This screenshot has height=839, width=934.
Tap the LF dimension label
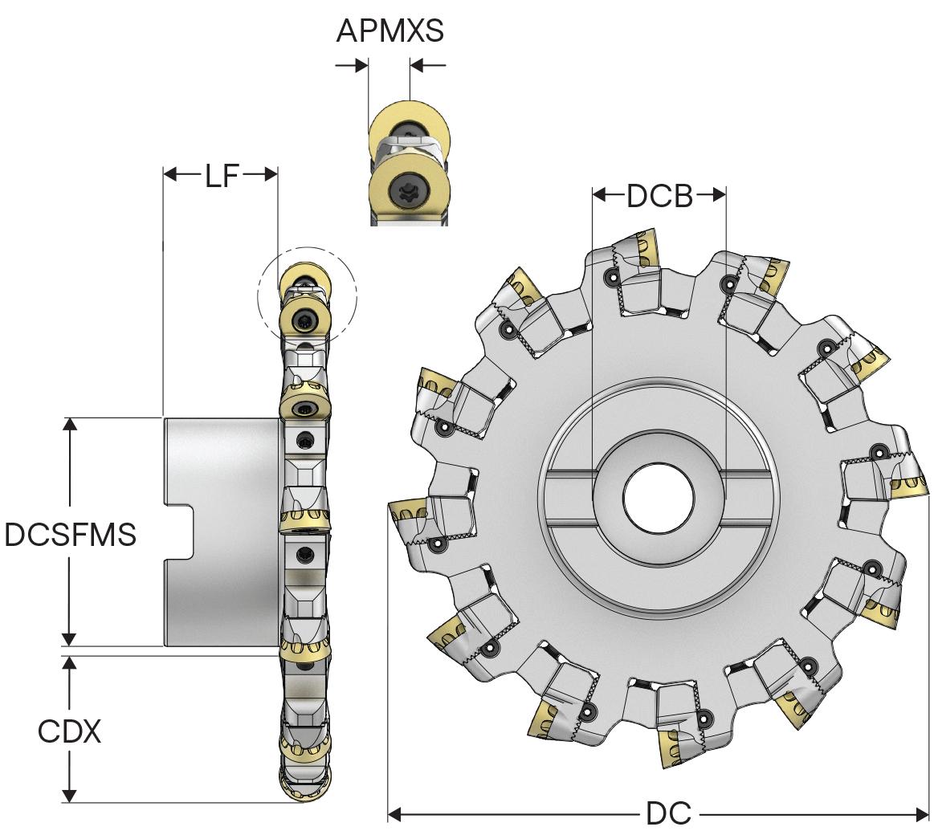pos(221,175)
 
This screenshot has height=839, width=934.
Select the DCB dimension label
pos(659,195)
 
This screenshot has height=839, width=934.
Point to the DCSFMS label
pos(71,535)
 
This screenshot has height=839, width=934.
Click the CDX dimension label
pos(70,731)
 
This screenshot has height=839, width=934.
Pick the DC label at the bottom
pos(668,814)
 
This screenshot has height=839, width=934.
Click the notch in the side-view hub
pos(181,532)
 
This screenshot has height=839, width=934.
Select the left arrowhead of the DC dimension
pos(394,815)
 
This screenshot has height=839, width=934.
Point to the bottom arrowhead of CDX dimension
pos(70,795)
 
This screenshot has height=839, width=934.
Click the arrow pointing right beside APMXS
pos(350,67)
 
